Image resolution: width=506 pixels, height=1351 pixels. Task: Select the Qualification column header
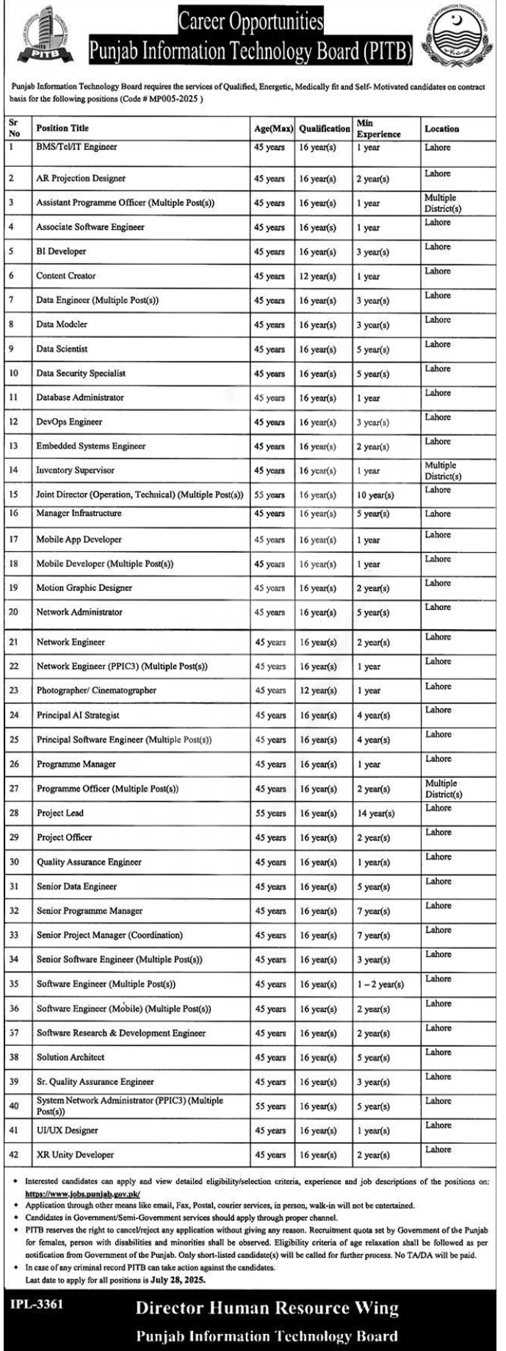325,129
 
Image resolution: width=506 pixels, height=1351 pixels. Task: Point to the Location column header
441,129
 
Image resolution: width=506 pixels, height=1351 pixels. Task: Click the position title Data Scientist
62,349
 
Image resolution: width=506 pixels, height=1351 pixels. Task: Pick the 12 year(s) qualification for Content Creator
317,276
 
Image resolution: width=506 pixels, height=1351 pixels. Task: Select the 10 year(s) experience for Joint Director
375,495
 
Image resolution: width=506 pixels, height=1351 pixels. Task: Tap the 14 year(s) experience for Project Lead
375,814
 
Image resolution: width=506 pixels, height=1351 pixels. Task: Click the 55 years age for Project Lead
270,814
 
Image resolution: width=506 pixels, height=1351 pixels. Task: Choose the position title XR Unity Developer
75,1155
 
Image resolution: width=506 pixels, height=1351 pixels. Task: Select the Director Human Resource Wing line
267,1308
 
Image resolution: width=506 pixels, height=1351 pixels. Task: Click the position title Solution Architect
71,1057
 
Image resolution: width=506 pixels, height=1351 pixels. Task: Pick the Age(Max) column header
273,129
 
